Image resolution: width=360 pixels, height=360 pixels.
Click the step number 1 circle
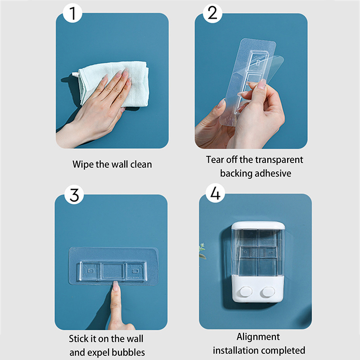(x=72, y=13)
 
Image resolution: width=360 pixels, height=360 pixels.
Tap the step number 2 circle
(x=212, y=13)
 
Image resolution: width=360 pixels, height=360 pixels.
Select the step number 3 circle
(x=74, y=195)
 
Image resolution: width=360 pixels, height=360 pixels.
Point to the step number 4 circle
(x=215, y=193)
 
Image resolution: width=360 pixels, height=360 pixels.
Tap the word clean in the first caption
(x=141, y=164)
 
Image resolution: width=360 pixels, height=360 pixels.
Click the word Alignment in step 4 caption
(x=258, y=337)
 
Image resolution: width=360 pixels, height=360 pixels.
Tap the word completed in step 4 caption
(x=283, y=351)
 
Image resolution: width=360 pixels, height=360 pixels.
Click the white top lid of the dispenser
(x=258, y=226)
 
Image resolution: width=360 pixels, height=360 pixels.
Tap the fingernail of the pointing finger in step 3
(x=116, y=286)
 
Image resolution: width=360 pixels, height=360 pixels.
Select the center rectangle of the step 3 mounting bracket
(x=113, y=271)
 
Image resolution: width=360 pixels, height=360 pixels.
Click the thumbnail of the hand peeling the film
(x=262, y=84)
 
